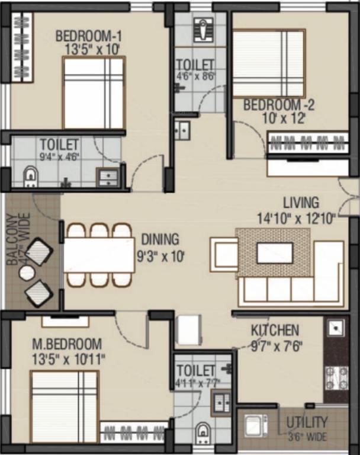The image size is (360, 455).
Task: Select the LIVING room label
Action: point(300,203)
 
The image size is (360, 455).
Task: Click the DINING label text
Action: point(160,240)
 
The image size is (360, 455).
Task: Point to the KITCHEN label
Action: point(275,330)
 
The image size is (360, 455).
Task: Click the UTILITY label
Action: point(307,422)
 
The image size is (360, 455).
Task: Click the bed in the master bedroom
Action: point(64,406)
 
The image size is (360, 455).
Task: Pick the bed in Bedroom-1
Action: point(94,92)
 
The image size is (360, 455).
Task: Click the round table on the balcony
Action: point(27,273)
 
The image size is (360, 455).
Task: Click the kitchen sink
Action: point(335,328)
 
